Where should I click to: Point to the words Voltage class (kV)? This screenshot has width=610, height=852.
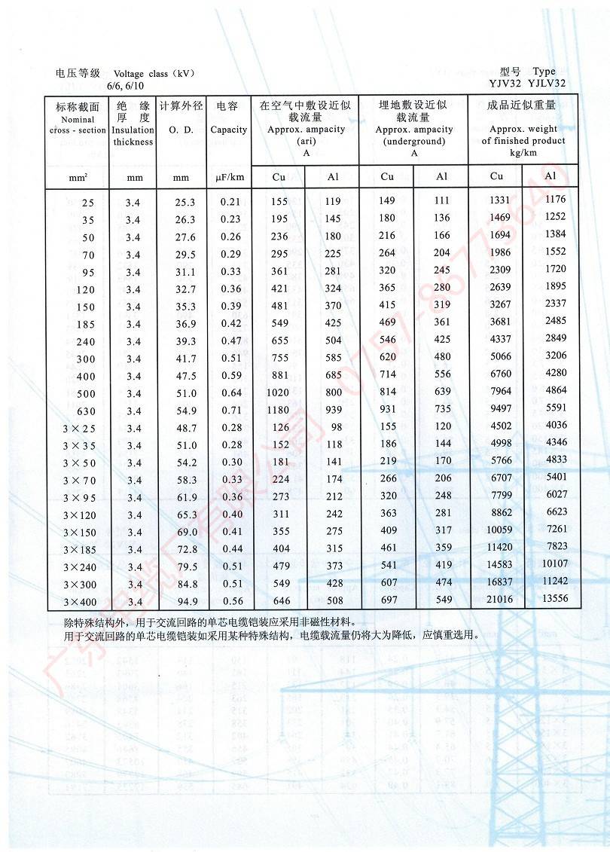[x=154, y=73]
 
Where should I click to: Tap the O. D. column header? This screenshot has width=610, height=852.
[x=181, y=130]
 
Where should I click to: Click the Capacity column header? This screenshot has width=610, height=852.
[x=228, y=130]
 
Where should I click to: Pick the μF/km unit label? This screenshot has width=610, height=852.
[x=228, y=177]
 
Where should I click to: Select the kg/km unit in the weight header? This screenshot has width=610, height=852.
[x=523, y=152]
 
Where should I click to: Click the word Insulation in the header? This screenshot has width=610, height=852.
[x=133, y=130]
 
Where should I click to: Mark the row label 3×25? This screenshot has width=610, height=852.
[x=79, y=429]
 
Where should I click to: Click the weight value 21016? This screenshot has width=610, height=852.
[x=496, y=600]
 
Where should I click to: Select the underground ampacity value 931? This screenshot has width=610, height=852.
[x=387, y=408]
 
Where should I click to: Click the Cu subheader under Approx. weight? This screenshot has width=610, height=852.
[x=496, y=176]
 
